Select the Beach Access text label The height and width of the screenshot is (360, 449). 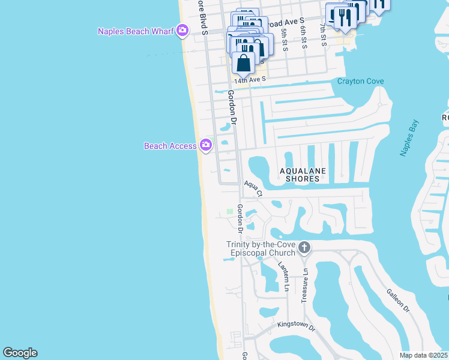(x=170, y=146)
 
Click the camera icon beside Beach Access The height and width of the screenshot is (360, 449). (x=206, y=145)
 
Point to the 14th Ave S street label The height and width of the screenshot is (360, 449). (x=250, y=79)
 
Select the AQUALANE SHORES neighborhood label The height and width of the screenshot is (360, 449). (x=303, y=175)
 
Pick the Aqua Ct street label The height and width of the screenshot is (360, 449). (x=253, y=188)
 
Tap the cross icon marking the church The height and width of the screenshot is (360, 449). (x=304, y=247)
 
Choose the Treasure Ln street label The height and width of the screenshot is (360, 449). (x=304, y=285)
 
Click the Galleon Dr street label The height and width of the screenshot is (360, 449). (x=397, y=300)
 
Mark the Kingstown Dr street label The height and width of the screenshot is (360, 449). (x=296, y=325)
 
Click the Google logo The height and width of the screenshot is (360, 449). (x=20, y=353)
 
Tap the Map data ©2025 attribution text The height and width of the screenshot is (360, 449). (x=423, y=355)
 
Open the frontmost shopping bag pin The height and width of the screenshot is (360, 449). (x=244, y=63)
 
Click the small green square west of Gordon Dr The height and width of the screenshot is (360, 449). (x=229, y=212)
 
